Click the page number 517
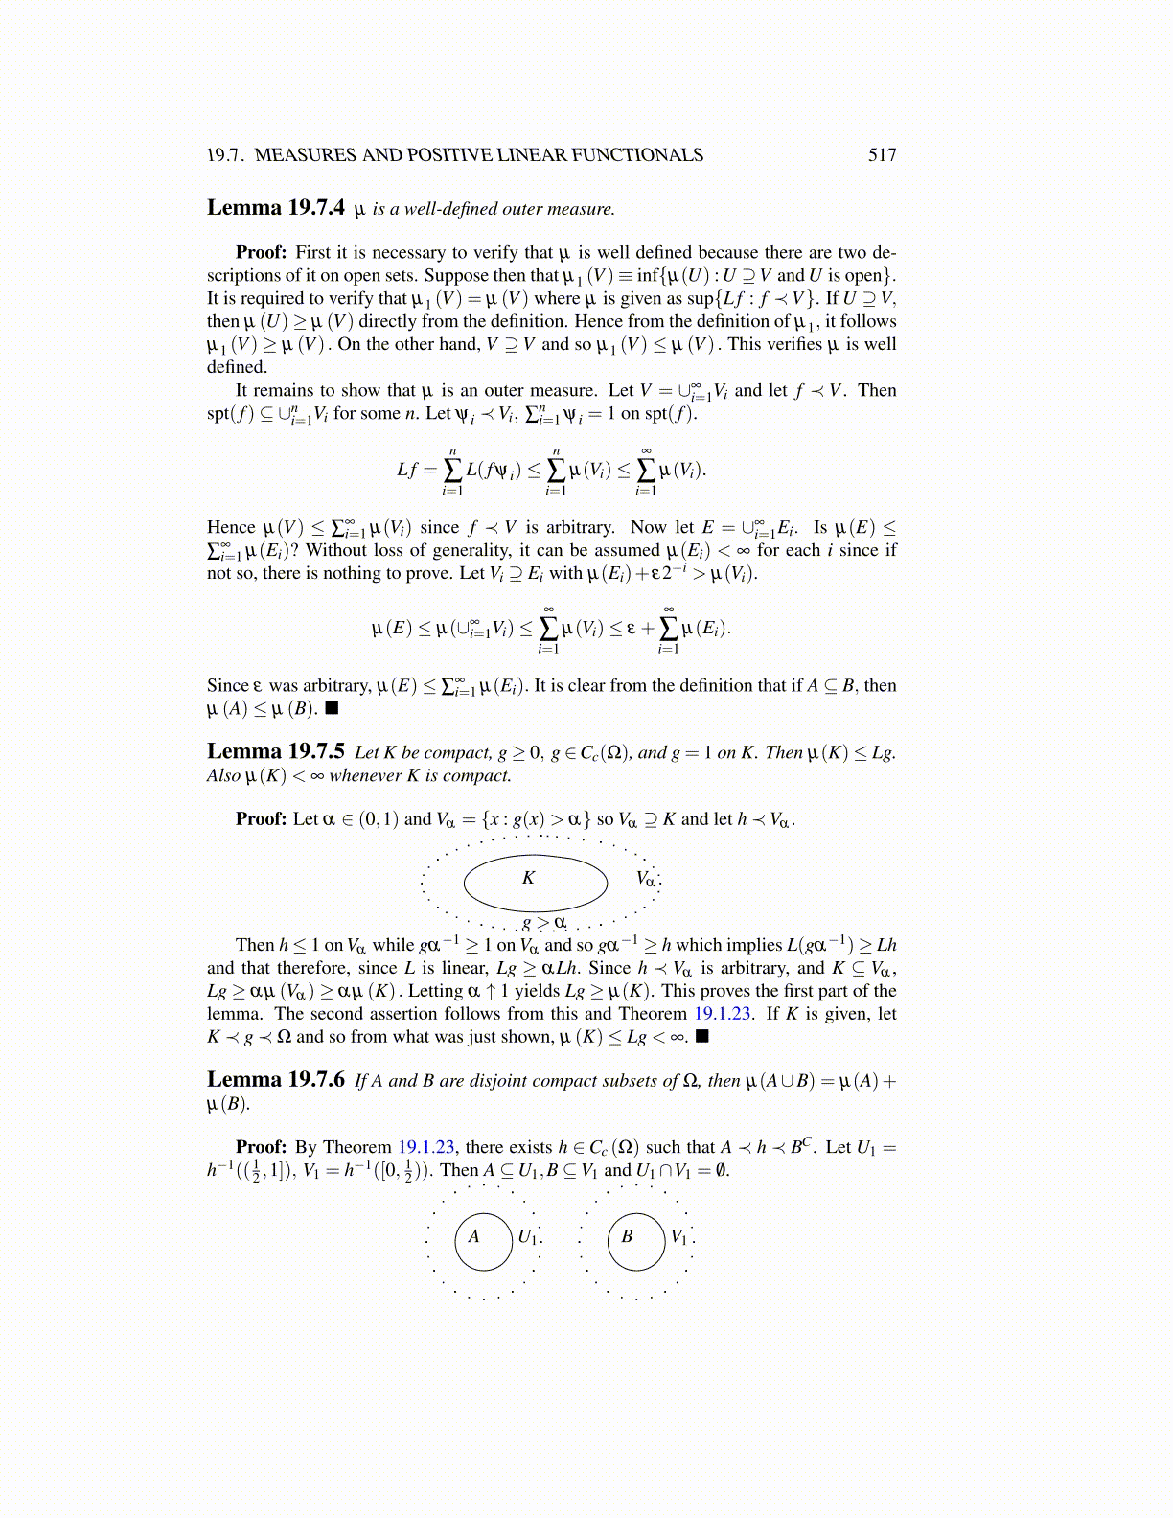tap(882, 155)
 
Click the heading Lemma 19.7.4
tap(276, 208)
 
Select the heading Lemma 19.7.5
tap(276, 752)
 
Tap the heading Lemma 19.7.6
tap(276, 1080)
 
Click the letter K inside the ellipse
tap(528, 878)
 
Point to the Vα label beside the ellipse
tap(646, 879)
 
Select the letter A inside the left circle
tap(473, 1237)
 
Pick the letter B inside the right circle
tap(627, 1237)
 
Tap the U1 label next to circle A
tap(527, 1237)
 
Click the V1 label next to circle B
tap(678, 1237)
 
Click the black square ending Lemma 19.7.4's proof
tap(332, 709)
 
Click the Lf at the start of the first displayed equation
tap(407, 470)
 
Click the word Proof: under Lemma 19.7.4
tap(261, 253)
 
